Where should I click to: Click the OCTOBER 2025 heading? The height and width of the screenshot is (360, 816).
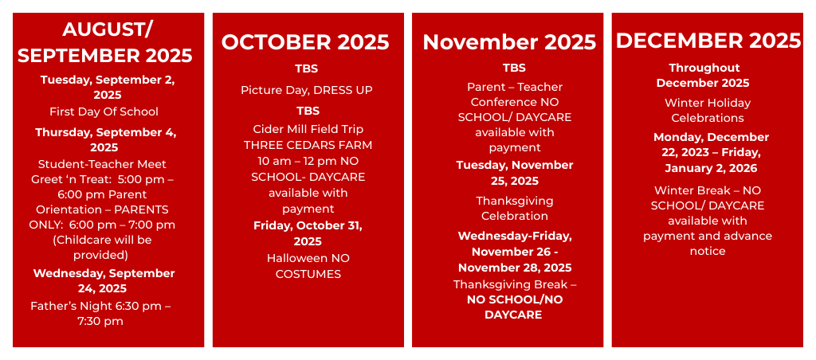tap(305, 42)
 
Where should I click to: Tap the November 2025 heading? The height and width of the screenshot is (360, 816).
tap(509, 42)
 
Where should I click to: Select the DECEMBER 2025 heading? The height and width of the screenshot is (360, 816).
tap(708, 41)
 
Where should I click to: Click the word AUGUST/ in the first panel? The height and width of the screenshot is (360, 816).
tap(108, 29)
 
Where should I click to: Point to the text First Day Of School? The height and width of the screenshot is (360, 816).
tap(104, 112)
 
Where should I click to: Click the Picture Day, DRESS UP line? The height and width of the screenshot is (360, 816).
tap(307, 91)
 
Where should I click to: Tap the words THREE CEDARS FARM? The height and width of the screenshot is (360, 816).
tap(308, 145)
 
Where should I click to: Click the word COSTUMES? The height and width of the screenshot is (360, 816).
tap(308, 274)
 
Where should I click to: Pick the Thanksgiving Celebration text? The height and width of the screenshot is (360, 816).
tap(514, 208)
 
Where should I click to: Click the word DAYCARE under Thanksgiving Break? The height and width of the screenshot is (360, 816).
tap(513, 315)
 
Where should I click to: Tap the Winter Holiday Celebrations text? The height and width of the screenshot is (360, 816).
tap(708, 110)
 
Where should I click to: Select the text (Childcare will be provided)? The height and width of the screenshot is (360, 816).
tap(101, 248)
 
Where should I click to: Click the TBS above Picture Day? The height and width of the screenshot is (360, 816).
tap(307, 68)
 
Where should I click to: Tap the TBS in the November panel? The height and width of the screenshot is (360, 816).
tap(514, 68)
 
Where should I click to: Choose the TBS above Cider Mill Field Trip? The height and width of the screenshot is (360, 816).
tap(308, 111)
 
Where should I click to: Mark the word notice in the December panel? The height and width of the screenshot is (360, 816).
tap(708, 251)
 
